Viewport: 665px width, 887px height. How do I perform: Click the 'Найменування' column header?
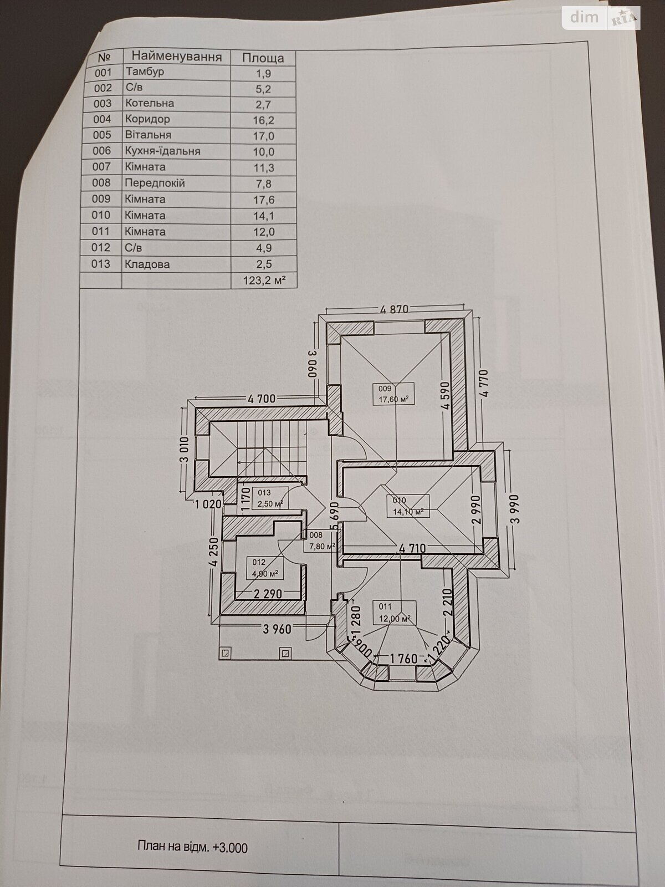[177, 56]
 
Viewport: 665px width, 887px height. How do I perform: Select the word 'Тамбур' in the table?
[145, 72]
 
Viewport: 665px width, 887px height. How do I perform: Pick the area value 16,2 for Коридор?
[264, 120]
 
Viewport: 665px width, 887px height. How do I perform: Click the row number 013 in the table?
[100, 264]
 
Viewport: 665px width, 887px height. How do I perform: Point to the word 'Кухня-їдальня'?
[163, 151]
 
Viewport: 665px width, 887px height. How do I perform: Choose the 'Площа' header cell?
[263, 58]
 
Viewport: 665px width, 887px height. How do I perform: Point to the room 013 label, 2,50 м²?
[270, 498]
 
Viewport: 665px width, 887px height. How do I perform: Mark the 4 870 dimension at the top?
[394, 309]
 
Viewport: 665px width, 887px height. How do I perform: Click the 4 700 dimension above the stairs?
[262, 399]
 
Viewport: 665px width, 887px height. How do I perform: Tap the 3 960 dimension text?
[277, 629]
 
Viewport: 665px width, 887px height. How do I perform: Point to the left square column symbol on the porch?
[226, 652]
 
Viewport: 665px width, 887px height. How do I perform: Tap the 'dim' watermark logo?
[584, 18]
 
